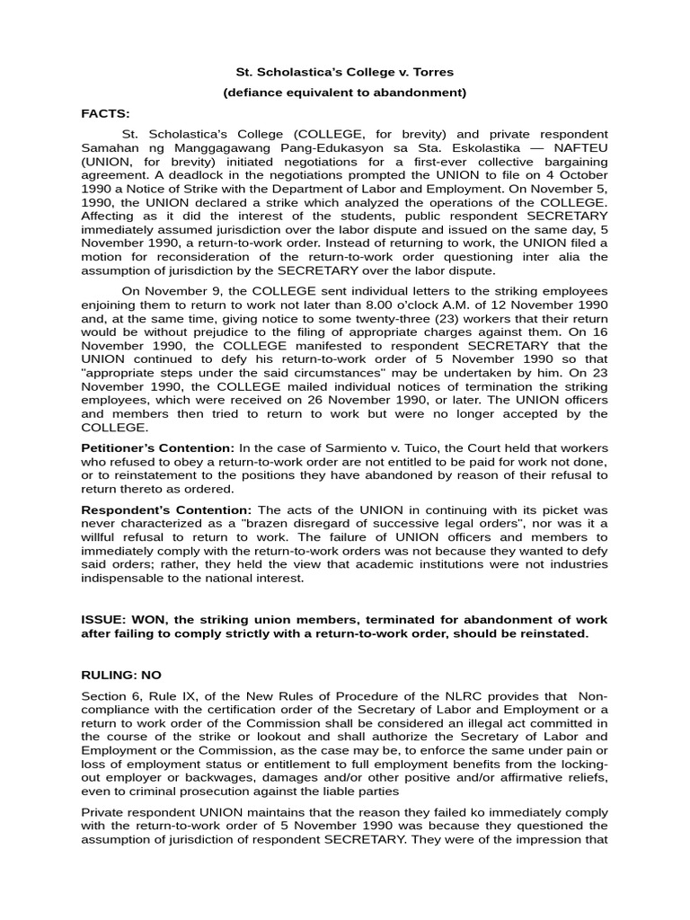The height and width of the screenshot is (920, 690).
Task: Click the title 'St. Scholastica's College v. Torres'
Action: point(344,70)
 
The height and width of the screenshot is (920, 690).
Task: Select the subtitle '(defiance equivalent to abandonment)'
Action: point(344,92)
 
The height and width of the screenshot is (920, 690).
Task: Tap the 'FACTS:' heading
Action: point(105,113)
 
